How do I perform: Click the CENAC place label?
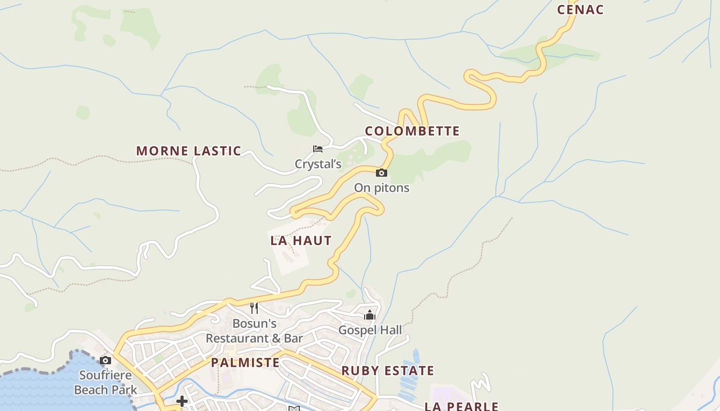pos(580,10)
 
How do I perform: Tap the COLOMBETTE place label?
pos(412,131)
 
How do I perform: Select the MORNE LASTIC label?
pos(188,151)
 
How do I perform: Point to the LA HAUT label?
pos(301,240)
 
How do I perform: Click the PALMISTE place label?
pos(245,363)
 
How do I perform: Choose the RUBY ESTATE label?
pos(388,371)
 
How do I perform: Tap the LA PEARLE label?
pos(461,406)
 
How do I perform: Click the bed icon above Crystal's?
pos(318,149)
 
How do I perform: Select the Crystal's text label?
pos(318,164)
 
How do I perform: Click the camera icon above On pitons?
pos(381,173)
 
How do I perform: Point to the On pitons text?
pos(381,188)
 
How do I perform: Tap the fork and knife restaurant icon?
pos(254,308)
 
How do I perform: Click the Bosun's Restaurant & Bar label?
pos(254,331)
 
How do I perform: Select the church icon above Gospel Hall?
pos(370,315)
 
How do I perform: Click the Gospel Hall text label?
pos(370,330)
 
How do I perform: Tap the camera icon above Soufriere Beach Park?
pos(105,360)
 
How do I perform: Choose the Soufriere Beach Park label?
pos(105,383)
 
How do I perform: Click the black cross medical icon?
pos(182,401)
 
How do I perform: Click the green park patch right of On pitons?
pos(442,154)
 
